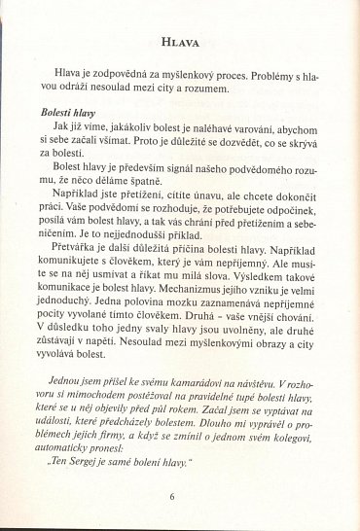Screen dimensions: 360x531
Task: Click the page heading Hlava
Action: pyautogui.click(x=181, y=44)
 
